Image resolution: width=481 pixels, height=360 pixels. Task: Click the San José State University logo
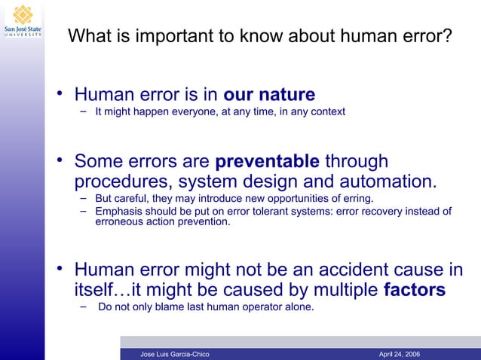coord(22,20)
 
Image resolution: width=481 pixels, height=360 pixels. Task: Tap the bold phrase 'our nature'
coord(269,95)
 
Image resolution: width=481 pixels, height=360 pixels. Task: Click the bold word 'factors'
coord(414,290)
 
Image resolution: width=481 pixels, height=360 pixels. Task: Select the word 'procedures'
coord(119,182)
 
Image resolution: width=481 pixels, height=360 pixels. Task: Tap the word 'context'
coord(327,112)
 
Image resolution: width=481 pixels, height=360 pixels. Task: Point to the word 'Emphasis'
coord(117,212)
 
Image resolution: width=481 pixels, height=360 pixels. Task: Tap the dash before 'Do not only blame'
coord(84,307)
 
